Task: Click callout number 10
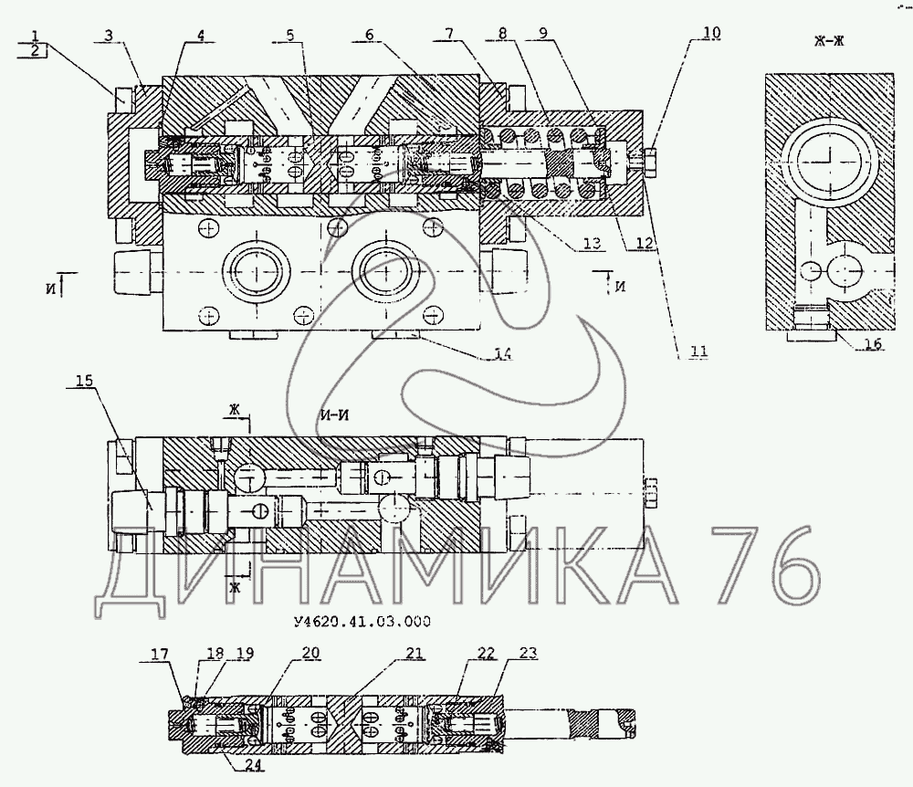coord(711,33)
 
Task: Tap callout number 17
coord(160,653)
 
